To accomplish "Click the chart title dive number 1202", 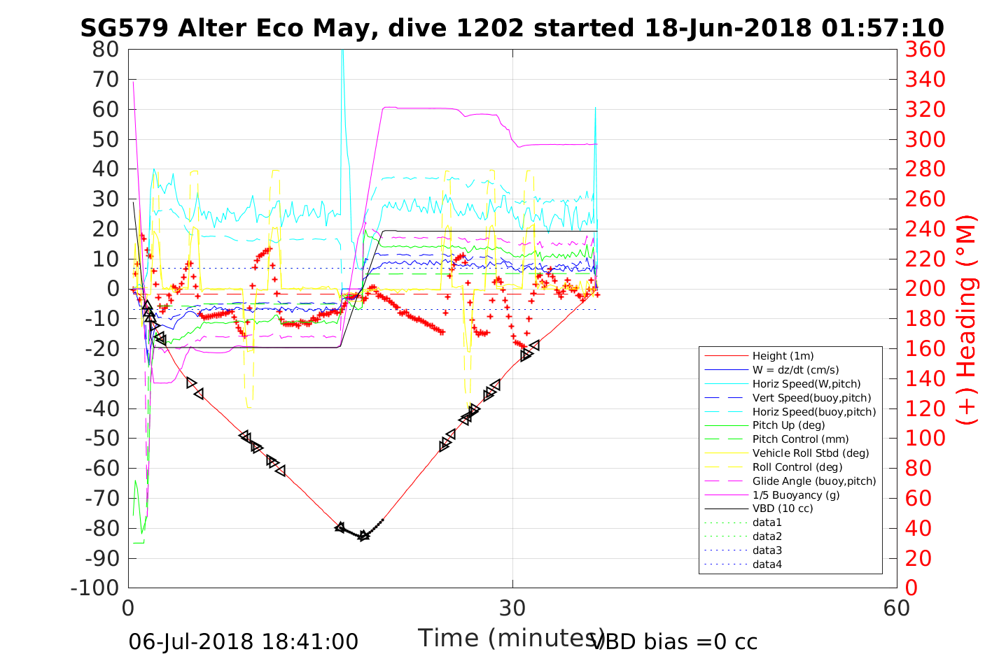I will click(493, 28).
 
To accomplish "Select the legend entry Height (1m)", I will click(783, 356).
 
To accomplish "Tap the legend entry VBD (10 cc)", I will click(783, 509).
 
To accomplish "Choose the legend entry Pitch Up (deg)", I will click(788, 425).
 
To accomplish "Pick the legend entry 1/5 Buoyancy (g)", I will click(796, 495).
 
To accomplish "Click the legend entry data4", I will click(767, 564).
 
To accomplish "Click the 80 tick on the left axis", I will click(106, 50).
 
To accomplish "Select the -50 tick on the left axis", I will click(102, 438).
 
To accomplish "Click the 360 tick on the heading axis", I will click(925, 50).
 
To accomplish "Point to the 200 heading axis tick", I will click(925, 289).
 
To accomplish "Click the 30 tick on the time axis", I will click(512, 608).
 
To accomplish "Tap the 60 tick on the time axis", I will click(897, 608).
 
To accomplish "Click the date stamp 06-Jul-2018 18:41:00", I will click(243, 641).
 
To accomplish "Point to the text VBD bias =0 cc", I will click(675, 641).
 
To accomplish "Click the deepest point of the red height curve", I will click(363, 537).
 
